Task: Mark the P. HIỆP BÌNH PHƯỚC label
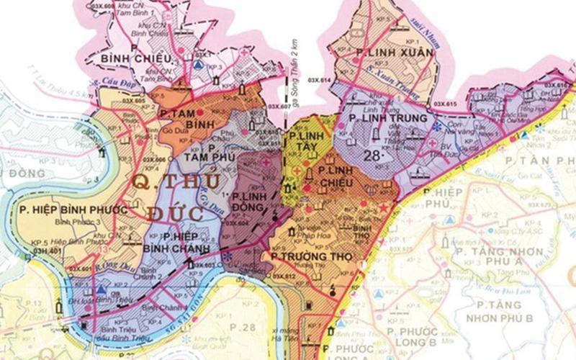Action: point(74,210)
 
